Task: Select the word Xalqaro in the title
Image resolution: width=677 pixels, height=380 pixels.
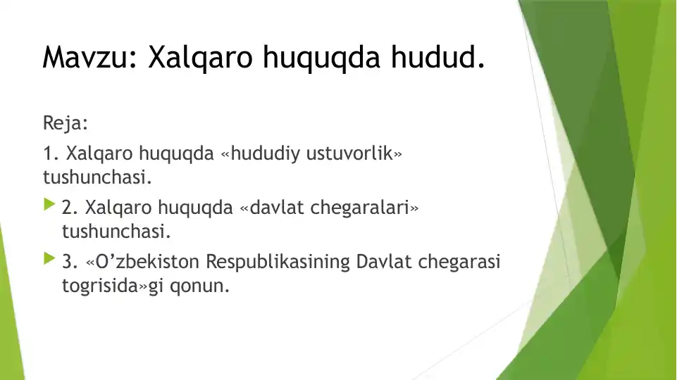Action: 200,58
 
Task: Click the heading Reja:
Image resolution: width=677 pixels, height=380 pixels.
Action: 66,123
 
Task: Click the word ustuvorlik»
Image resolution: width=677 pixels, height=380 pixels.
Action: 354,153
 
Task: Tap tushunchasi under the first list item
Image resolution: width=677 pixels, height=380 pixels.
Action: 98,177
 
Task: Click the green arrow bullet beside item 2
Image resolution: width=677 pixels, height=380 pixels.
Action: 49,204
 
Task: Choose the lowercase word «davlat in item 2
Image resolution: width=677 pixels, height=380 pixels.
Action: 272,208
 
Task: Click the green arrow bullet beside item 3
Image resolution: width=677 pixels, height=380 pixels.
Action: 49,258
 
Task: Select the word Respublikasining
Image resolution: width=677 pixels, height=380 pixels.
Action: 278,262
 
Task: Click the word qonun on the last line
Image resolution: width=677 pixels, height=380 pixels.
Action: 199,286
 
